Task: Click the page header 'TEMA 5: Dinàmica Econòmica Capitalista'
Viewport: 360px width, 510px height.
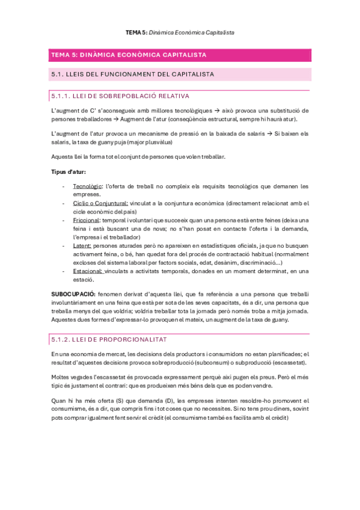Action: click(180, 32)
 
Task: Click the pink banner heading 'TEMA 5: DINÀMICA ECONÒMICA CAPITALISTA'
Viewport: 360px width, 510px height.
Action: click(129, 55)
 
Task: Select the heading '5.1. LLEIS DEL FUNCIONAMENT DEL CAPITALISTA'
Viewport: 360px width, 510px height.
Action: click(133, 75)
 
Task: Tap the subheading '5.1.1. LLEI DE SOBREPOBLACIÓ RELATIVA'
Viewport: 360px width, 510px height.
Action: click(121, 96)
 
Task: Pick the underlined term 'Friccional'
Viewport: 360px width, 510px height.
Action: click(86, 220)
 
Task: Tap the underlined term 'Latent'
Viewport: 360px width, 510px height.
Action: click(82, 245)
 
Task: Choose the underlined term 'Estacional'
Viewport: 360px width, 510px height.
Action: click(88, 271)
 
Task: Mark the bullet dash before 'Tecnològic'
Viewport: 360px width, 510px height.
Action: click(64, 186)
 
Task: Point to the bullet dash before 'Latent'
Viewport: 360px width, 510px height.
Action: click(64, 245)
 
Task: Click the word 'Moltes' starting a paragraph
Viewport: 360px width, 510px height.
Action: click(60, 375)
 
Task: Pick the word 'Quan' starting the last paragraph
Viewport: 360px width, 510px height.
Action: click(59, 401)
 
